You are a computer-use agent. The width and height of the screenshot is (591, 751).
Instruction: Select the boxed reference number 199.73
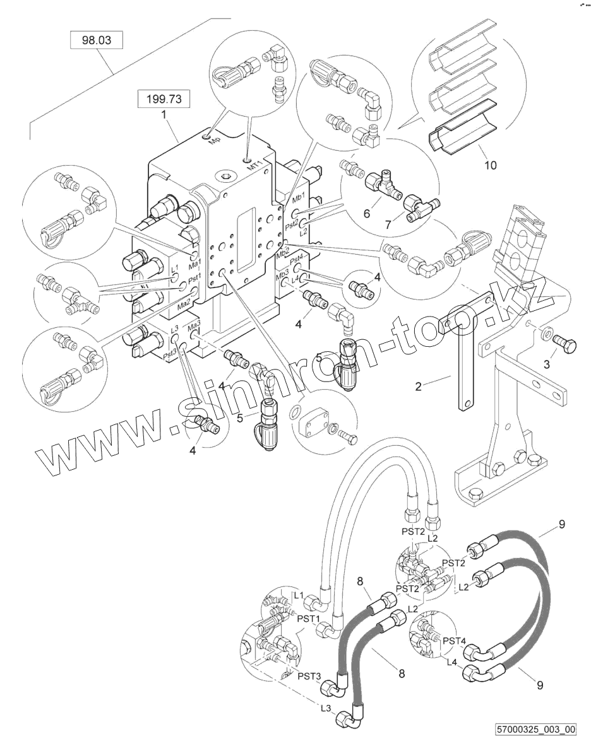click(164, 99)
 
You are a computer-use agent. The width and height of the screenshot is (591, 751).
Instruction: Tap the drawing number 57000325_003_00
click(536, 730)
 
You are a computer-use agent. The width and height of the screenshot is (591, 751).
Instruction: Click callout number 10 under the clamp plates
click(490, 166)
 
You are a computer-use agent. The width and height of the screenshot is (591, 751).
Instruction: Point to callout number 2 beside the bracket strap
click(418, 385)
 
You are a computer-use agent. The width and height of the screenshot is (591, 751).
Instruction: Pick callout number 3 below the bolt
click(547, 364)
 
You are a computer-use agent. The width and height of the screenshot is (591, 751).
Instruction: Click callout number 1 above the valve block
click(165, 115)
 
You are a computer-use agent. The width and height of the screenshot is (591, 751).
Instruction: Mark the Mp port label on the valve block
click(215, 139)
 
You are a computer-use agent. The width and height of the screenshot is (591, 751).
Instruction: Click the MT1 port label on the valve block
click(253, 167)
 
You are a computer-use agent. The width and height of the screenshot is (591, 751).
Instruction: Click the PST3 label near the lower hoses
click(309, 675)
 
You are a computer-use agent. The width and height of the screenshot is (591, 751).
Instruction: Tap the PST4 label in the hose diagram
click(455, 641)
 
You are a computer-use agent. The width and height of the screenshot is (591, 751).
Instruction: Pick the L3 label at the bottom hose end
click(326, 708)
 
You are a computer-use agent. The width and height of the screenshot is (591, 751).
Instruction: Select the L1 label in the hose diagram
click(299, 595)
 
